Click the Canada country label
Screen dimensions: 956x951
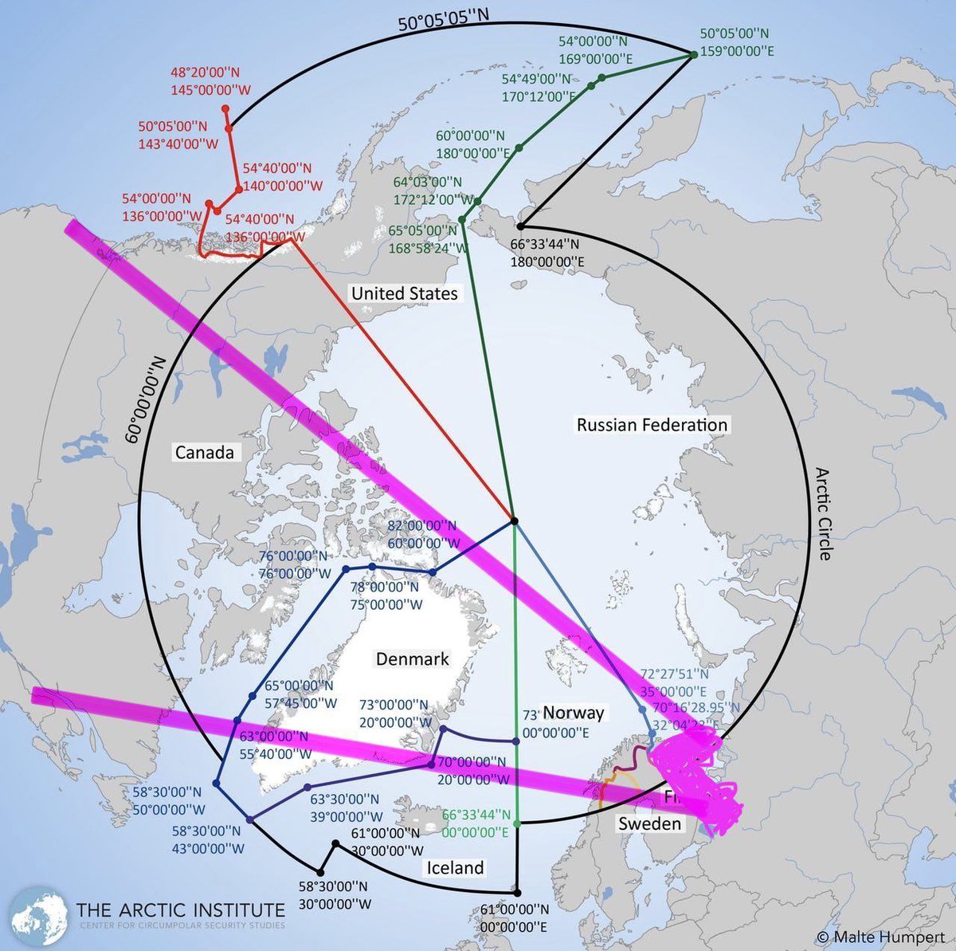(205, 453)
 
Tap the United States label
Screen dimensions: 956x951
(405, 293)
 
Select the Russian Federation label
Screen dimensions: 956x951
(652, 425)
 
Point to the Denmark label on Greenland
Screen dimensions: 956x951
(413, 659)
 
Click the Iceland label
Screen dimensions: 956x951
(455, 867)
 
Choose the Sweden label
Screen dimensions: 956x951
(650, 823)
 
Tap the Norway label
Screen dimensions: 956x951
(573, 713)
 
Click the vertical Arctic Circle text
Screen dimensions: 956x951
(824, 514)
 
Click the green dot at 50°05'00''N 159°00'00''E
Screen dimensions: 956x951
(694, 53)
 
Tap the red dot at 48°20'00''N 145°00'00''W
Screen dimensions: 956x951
(225, 108)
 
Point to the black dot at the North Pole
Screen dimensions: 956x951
(515, 521)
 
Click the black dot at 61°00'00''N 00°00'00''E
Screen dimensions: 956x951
(517, 893)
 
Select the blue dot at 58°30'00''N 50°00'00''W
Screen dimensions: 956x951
(216, 784)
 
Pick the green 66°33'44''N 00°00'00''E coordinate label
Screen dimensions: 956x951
(476, 823)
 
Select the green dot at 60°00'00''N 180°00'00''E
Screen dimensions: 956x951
(519, 147)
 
